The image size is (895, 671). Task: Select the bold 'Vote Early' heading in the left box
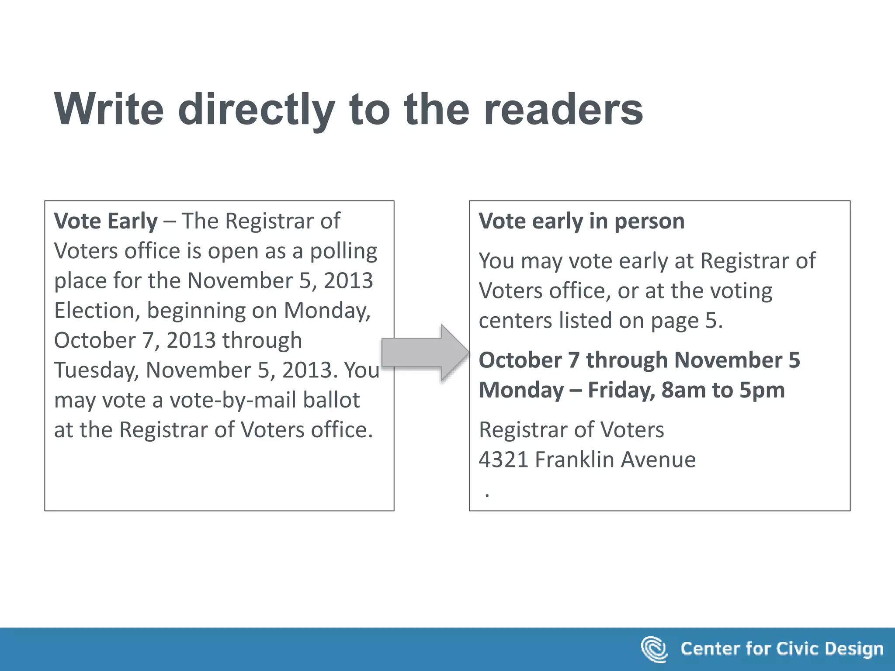coord(105,221)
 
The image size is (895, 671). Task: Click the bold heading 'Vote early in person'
coord(581,221)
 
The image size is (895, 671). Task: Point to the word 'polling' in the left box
coord(343,251)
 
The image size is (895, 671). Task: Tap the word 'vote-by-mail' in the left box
coord(233,400)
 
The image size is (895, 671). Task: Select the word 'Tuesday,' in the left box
coord(96,370)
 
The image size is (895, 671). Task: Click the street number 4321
coord(503,460)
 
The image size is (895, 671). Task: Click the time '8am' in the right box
coord(683,390)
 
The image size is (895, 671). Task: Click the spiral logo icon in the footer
coord(654,649)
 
